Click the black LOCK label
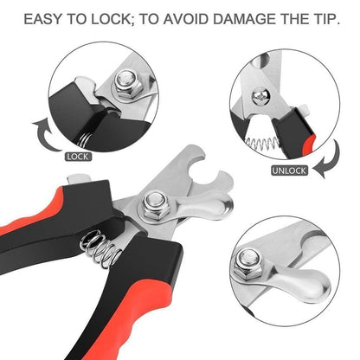pos(78,157)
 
